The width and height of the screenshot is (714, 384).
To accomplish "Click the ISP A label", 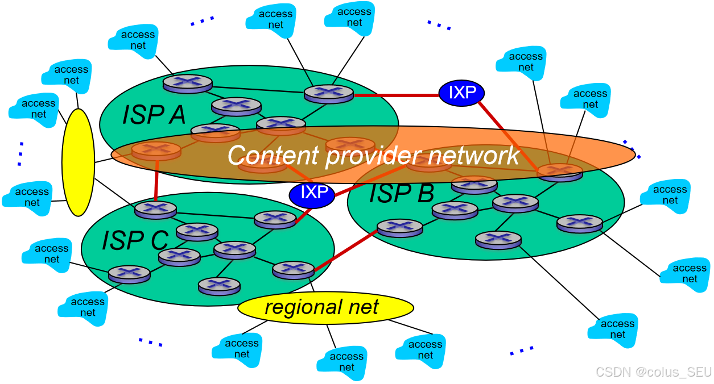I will pos(154,115).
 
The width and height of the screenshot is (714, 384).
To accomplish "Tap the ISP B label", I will pos(401,194).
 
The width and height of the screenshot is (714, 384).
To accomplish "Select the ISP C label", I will pos(135,240).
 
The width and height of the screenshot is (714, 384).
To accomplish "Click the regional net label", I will pos(322,307).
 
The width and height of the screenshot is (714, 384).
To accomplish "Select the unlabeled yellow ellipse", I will pos(78,162).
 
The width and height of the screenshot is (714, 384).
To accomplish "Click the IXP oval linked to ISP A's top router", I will pos(461,93).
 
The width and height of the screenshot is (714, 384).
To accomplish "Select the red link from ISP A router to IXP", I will pos(395,95).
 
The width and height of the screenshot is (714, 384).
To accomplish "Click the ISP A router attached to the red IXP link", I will pos(328,93).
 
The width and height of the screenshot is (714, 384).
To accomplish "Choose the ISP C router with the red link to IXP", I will pos(275,219).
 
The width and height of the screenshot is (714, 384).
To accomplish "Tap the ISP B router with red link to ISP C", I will pos(399,228).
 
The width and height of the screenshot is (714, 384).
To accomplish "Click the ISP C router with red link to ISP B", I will pos(293,269).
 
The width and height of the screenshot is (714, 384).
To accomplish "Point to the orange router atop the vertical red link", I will pos(156,151).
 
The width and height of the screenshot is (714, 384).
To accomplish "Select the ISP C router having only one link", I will pos(219,285).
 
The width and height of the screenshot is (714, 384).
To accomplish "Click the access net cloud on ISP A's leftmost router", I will pos(133,40).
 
